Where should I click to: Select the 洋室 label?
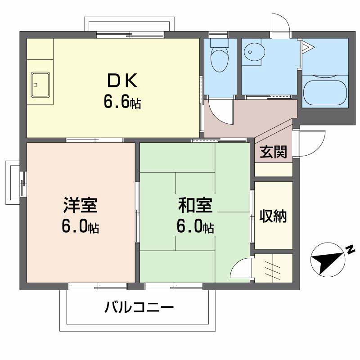80,206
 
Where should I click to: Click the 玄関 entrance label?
273,153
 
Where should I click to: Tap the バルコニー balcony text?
139,308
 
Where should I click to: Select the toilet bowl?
220,58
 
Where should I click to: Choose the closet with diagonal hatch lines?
273,268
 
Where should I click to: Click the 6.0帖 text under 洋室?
80,227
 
